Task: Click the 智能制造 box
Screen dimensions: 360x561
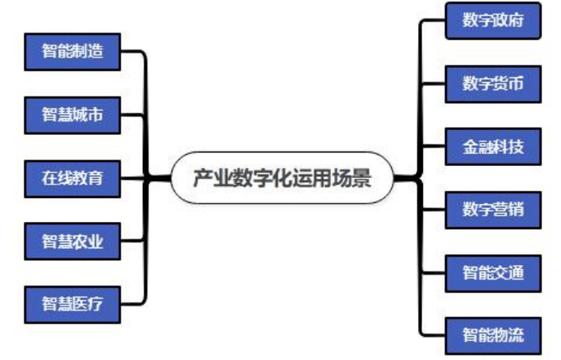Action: [x=73, y=52]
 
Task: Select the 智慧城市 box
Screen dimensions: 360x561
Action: [x=73, y=115]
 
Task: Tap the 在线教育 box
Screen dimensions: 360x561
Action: [x=73, y=177]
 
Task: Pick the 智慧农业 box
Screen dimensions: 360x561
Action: [x=73, y=240]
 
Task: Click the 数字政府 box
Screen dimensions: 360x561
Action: [x=492, y=21]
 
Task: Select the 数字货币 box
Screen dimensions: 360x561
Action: [x=492, y=83]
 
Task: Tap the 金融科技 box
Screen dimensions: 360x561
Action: [x=492, y=146]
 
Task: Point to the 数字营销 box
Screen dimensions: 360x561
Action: [x=492, y=209]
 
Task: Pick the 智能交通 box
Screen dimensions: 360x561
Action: [x=492, y=272]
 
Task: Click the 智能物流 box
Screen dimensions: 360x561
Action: [x=492, y=334]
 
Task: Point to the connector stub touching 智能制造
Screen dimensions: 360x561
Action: [x=132, y=53]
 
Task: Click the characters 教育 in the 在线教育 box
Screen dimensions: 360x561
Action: [x=88, y=177]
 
